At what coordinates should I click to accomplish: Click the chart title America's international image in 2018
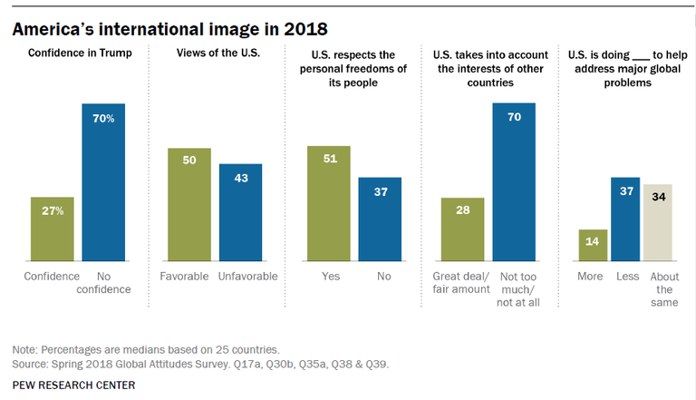[x=170, y=29]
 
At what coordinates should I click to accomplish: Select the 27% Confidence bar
[x=53, y=229]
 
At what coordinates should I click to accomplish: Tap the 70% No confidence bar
[x=103, y=182]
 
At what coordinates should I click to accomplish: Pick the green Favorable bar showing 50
[x=189, y=204]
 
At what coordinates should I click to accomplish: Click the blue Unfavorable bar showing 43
[x=240, y=212]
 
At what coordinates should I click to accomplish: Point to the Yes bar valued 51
[x=329, y=203]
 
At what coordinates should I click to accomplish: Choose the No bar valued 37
[x=380, y=220]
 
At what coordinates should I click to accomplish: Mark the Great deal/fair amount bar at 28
[x=462, y=229]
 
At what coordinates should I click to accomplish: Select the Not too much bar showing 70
[x=514, y=182]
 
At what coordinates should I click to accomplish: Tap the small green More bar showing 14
[x=593, y=245]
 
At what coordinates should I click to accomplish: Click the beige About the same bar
[x=658, y=222]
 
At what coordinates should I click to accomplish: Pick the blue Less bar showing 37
[x=625, y=220]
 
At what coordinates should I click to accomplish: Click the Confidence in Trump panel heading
[x=80, y=53]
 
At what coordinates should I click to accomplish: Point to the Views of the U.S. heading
[x=218, y=53]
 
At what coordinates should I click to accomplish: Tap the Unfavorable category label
[x=247, y=277]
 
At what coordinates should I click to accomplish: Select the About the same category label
[x=664, y=289]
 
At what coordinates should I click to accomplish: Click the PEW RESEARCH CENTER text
[x=73, y=385]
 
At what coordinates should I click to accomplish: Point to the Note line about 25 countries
[x=146, y=350]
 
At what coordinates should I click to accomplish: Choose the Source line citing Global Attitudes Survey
[x=200, y=365]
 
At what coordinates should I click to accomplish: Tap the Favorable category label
[x=184, y=277]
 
